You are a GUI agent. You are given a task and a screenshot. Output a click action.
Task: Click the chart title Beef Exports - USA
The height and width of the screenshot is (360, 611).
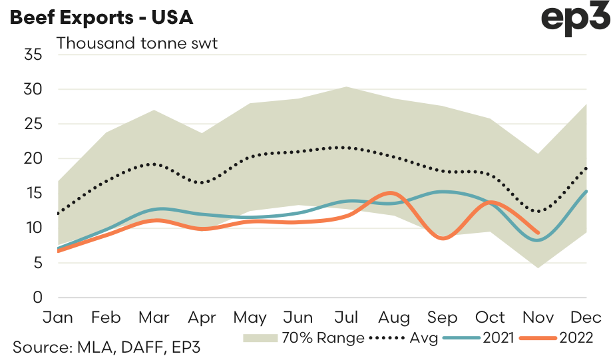100,17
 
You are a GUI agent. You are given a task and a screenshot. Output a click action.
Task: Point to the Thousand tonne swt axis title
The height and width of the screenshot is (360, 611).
138,44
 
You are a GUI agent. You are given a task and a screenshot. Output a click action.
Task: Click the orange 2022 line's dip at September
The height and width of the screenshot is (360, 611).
443,238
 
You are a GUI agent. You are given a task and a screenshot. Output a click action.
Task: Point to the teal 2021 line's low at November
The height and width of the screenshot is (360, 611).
539,240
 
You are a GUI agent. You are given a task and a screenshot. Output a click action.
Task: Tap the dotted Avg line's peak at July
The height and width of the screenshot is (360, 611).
347,147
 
